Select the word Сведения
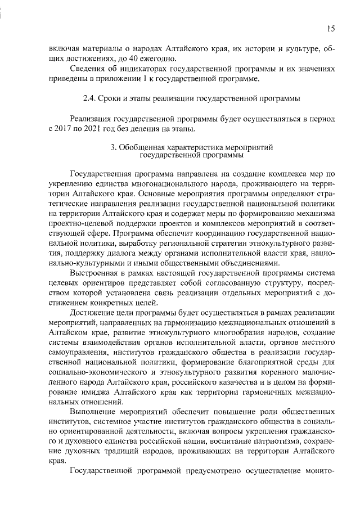pos(87,69)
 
